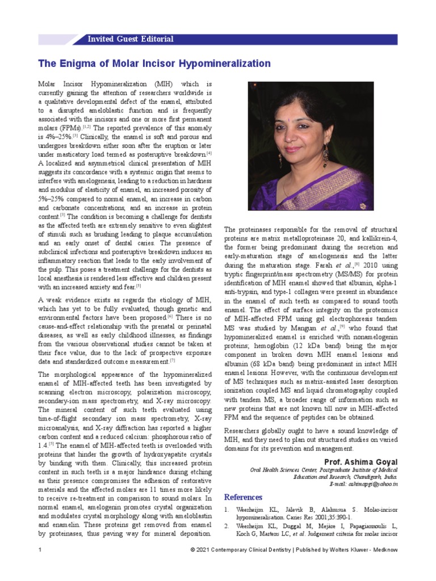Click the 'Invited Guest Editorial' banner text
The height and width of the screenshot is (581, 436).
(130, 39)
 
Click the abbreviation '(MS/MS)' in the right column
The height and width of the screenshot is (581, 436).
(372, 273)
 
